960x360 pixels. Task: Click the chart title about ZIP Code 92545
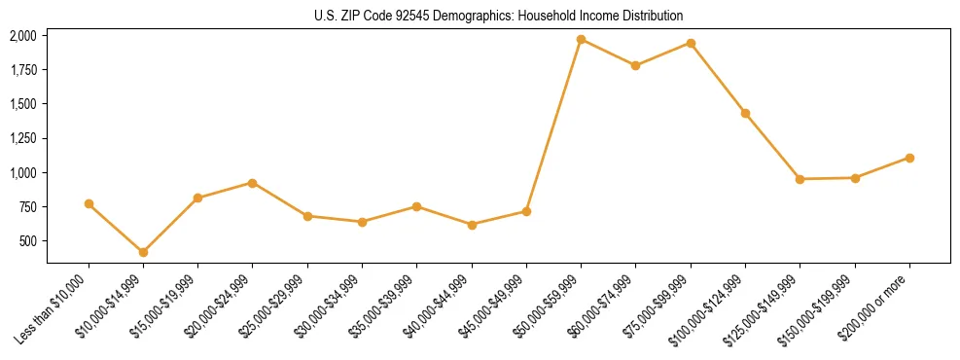tap(480, 16)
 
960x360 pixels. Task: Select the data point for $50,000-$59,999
tap(581, 40)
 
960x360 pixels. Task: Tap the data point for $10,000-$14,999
tap(143, 252)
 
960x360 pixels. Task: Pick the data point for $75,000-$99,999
tap(691, 43)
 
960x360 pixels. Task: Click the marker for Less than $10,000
tap(89, 203)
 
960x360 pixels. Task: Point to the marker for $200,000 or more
tap(909, 158)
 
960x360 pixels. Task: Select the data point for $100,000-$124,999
tap(745, 114)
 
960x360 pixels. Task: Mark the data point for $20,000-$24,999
tap(253, 183)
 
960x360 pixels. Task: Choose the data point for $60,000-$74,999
tap(636, 66)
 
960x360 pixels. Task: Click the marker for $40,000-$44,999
tap(472, 225)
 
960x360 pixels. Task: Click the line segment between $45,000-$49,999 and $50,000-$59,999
tap(553, 126)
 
